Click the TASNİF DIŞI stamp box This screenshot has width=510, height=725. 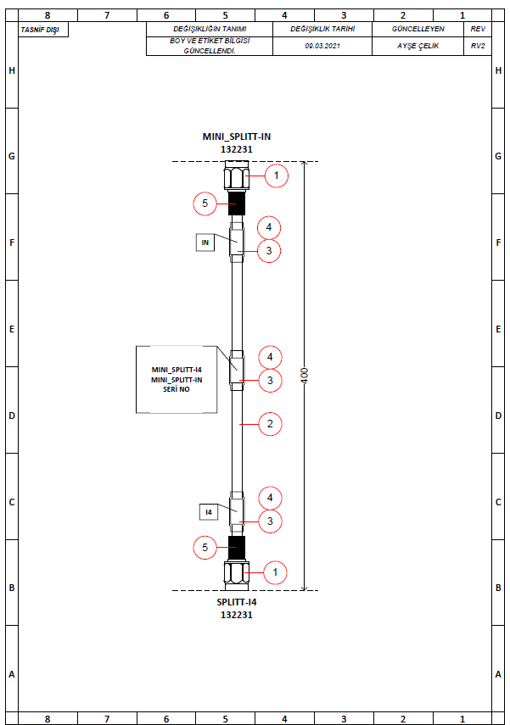42,30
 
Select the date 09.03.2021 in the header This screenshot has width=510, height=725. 322,46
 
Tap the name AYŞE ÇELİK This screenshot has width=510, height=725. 418,46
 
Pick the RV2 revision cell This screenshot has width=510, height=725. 478,46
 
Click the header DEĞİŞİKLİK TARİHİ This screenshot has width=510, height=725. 322,29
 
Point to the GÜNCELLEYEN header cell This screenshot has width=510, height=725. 418,29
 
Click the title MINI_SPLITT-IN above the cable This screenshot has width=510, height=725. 236,137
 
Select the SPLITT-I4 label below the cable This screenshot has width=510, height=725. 236,603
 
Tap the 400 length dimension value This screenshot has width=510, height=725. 305,376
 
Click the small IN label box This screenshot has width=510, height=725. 205,243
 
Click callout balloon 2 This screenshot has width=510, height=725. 269,424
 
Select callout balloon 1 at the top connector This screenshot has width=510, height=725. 276,176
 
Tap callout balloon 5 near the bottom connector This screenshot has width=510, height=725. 205,548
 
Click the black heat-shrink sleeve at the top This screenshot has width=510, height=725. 236,204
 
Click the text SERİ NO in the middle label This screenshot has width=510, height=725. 177,389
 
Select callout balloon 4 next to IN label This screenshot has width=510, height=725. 269,227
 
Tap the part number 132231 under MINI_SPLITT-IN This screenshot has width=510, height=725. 236,148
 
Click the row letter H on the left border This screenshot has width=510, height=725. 11,70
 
